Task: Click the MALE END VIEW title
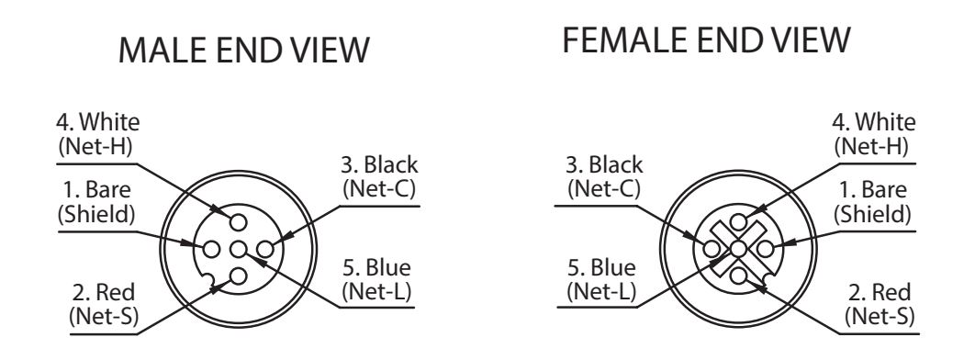[244, 50]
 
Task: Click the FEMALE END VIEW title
[706, 40]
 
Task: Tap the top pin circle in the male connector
[238, 222]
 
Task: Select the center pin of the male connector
[238, 249]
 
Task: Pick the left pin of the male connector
[212, 249]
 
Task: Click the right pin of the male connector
[265, 249]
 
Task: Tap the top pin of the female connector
[738, 222]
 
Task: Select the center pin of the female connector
[738, 249]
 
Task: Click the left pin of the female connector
[712, 249]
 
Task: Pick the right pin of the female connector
[765, 249]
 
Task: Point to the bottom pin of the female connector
[738, 276]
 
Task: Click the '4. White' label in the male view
[98, 122]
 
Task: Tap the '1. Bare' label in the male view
[96, 189]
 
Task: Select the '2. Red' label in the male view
[104, 292]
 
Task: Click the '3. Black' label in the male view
[379, 165]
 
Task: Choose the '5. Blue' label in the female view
[602, 268]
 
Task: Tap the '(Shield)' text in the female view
[872, 215]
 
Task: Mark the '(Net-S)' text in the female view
[880, 317]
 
